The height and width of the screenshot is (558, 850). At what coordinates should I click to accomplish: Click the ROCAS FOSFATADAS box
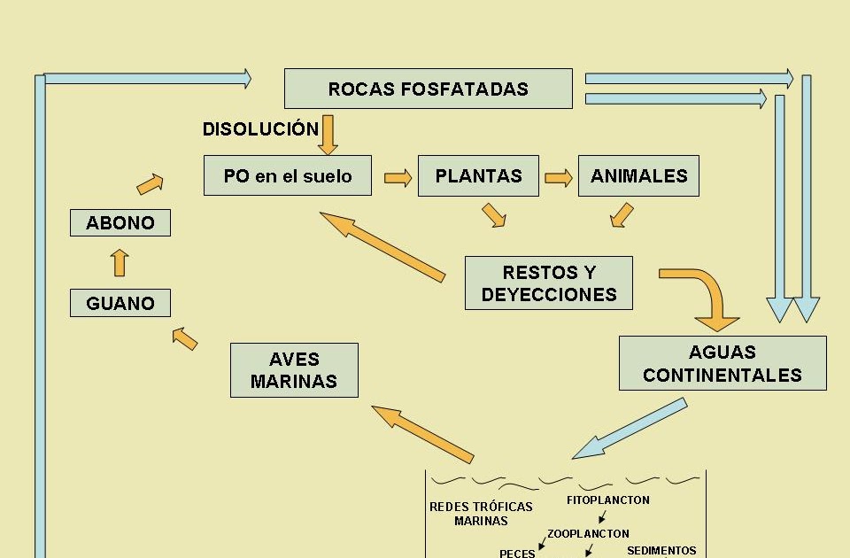(428, 89)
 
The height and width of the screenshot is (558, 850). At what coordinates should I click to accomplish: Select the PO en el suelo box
(287, 176)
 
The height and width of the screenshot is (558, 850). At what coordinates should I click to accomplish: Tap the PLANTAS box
(478, 176)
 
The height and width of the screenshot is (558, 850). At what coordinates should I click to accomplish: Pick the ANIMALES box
(638, 176)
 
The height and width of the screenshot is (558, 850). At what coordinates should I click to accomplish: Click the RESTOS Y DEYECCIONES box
(548, 283)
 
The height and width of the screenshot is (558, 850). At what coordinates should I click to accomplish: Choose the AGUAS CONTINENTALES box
(722, 363)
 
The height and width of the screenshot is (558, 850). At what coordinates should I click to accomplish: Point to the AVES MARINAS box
(294, 370)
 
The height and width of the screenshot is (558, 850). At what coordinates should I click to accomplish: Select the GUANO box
(120, 303)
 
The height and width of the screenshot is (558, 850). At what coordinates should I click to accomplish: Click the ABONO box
(120, 222)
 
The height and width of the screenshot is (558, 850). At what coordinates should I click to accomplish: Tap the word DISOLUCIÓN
(260, 129)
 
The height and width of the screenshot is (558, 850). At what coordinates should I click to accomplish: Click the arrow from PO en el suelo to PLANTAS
(398, 178)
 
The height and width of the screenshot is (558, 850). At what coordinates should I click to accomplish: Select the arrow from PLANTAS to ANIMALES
(558, 178)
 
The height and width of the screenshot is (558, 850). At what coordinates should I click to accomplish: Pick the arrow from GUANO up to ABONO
(120, 263)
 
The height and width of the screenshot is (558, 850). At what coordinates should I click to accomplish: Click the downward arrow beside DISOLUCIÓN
(328, 134)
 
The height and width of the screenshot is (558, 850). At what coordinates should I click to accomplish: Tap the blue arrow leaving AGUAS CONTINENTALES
(630, 429)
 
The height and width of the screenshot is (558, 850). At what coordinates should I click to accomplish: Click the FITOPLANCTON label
(607, 500)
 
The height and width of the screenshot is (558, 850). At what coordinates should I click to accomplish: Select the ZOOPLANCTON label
(588, 534)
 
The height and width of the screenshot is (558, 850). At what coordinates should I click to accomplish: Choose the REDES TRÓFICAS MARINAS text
(481, 514)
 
